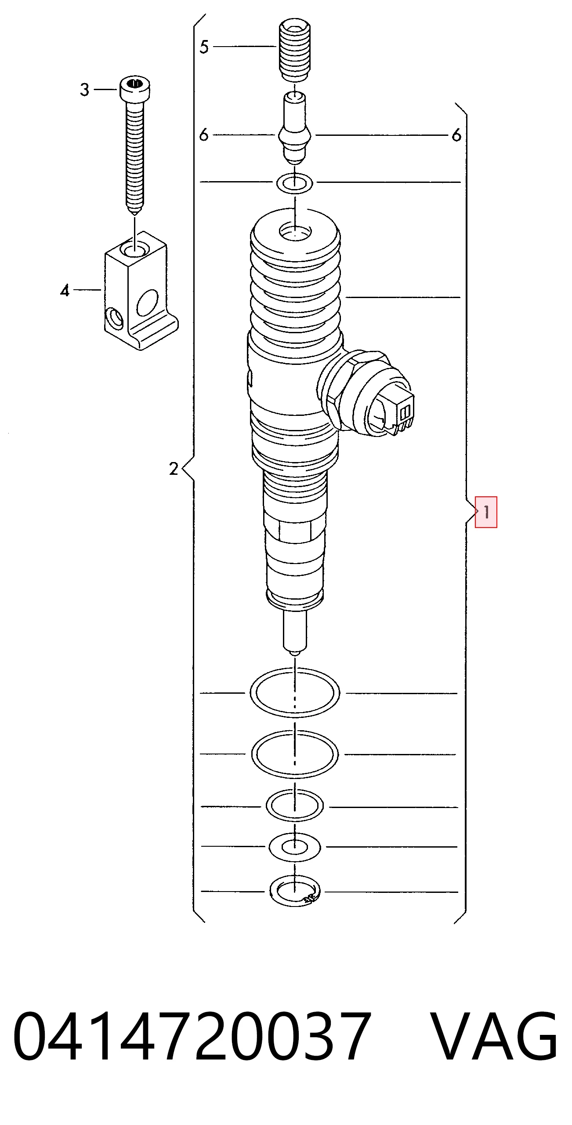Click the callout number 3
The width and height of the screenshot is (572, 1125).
pos(85,90)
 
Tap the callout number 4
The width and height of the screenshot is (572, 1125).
pos(65,291)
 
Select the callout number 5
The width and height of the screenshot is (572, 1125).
pos(204,47)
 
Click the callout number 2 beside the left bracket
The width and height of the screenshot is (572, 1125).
pos(174,469)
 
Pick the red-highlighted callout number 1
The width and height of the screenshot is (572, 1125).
pos(486,512)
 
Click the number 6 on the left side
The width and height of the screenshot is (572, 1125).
pos(204,135)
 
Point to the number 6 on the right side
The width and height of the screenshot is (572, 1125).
pos(457,135)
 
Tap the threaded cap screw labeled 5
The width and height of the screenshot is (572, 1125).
pos(295,50)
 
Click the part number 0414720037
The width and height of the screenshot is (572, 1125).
pos(192,1037)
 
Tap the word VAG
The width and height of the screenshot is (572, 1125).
pos(494,1037)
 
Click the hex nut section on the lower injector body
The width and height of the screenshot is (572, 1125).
pos(295,532)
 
